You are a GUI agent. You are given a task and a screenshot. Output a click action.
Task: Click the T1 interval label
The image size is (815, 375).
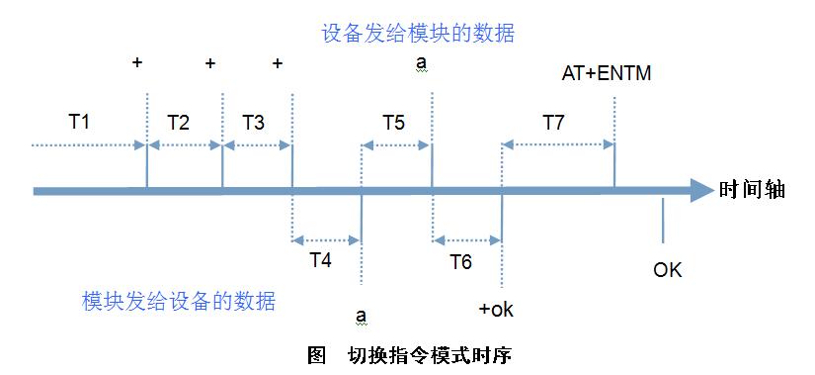(x=79, y=123)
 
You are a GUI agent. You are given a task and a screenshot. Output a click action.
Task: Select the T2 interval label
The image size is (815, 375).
(x=178, y=123)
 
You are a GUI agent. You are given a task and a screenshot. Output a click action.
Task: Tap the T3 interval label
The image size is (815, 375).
(x=253, y=123)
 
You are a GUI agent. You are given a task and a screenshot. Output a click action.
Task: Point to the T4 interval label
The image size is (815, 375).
(x=320, y=261)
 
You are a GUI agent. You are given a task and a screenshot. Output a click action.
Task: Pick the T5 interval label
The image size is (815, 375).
(x=393, y=123)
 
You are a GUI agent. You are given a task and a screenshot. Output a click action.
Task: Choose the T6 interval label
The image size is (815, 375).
(x=460, y=261)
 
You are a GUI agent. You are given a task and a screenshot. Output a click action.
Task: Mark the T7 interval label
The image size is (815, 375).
(x=553, y=123)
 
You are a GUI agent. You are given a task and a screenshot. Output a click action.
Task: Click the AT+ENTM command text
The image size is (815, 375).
(x=606, y=73)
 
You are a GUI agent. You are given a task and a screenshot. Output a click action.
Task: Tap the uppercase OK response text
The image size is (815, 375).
(x=668, y=269)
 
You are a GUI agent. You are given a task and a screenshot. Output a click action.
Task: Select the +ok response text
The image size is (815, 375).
(x=496, y=310)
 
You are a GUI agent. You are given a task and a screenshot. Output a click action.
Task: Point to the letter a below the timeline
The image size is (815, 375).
(x=362, y=316)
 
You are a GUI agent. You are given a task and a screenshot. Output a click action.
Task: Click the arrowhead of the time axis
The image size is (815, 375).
(x=700, y=190)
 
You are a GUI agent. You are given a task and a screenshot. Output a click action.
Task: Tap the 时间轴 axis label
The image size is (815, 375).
(x=752, y=190)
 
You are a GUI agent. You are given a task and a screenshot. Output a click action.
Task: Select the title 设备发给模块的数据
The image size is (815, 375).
(x=418, y=33)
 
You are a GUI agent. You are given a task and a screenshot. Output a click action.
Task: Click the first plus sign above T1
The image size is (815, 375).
(x=137, y=63)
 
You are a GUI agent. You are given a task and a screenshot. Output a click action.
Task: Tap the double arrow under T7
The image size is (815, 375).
(x=558, y=144)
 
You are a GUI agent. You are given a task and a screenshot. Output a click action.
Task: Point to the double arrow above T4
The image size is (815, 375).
(x=327, y=238)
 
